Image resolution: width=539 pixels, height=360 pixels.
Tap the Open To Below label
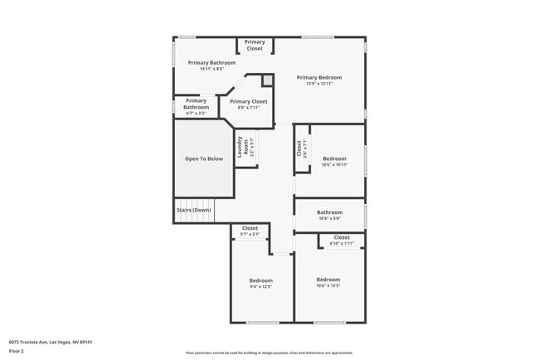click(204, 158)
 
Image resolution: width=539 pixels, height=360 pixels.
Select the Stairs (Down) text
click(193, 210)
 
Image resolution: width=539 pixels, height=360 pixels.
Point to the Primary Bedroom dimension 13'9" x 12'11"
click(319, 83)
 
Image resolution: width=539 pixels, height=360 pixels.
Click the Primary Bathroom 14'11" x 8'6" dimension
click(211, 69)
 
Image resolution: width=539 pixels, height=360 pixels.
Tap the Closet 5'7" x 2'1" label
click(250, 231)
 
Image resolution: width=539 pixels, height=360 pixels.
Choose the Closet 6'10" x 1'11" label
click(341, 241)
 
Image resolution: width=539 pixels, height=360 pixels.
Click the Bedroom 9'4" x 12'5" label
click(260, 284)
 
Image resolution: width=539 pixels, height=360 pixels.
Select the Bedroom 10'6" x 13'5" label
click(328, 282)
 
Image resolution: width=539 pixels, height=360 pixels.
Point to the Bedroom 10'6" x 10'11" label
click(334, 161)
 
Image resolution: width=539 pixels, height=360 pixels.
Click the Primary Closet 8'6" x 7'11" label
click(249, 105)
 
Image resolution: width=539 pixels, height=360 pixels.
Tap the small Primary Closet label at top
click(255, 45)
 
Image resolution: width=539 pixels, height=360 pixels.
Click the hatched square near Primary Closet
click(267, 80)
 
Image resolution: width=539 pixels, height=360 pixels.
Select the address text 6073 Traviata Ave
click(51, 342)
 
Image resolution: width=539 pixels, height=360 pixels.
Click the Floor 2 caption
click(17, 351)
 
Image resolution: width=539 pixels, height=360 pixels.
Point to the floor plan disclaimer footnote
click(269, 353)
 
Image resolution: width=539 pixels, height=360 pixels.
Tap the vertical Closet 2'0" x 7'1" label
click(299, 148)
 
